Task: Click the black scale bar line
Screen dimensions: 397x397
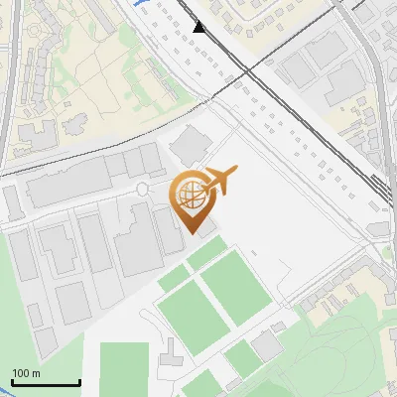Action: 46,383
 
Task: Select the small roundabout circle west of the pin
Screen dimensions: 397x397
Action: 142,189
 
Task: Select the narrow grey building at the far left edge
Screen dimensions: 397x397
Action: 13,201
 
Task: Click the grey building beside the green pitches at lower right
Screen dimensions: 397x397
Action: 266,346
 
